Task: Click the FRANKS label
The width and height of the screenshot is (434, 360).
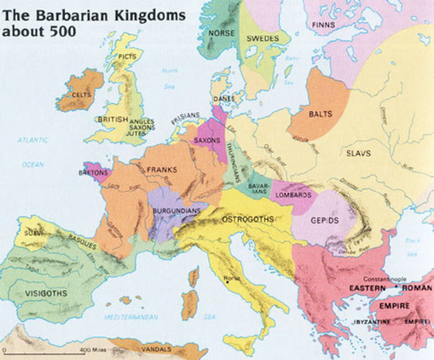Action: click(x=162, y=169)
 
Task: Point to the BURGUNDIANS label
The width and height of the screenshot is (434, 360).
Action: click(x=176, y=211)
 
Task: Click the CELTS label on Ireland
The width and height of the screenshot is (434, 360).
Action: click(x=82, y=95)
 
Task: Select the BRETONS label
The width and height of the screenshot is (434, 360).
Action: click(x=94, y=172)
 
